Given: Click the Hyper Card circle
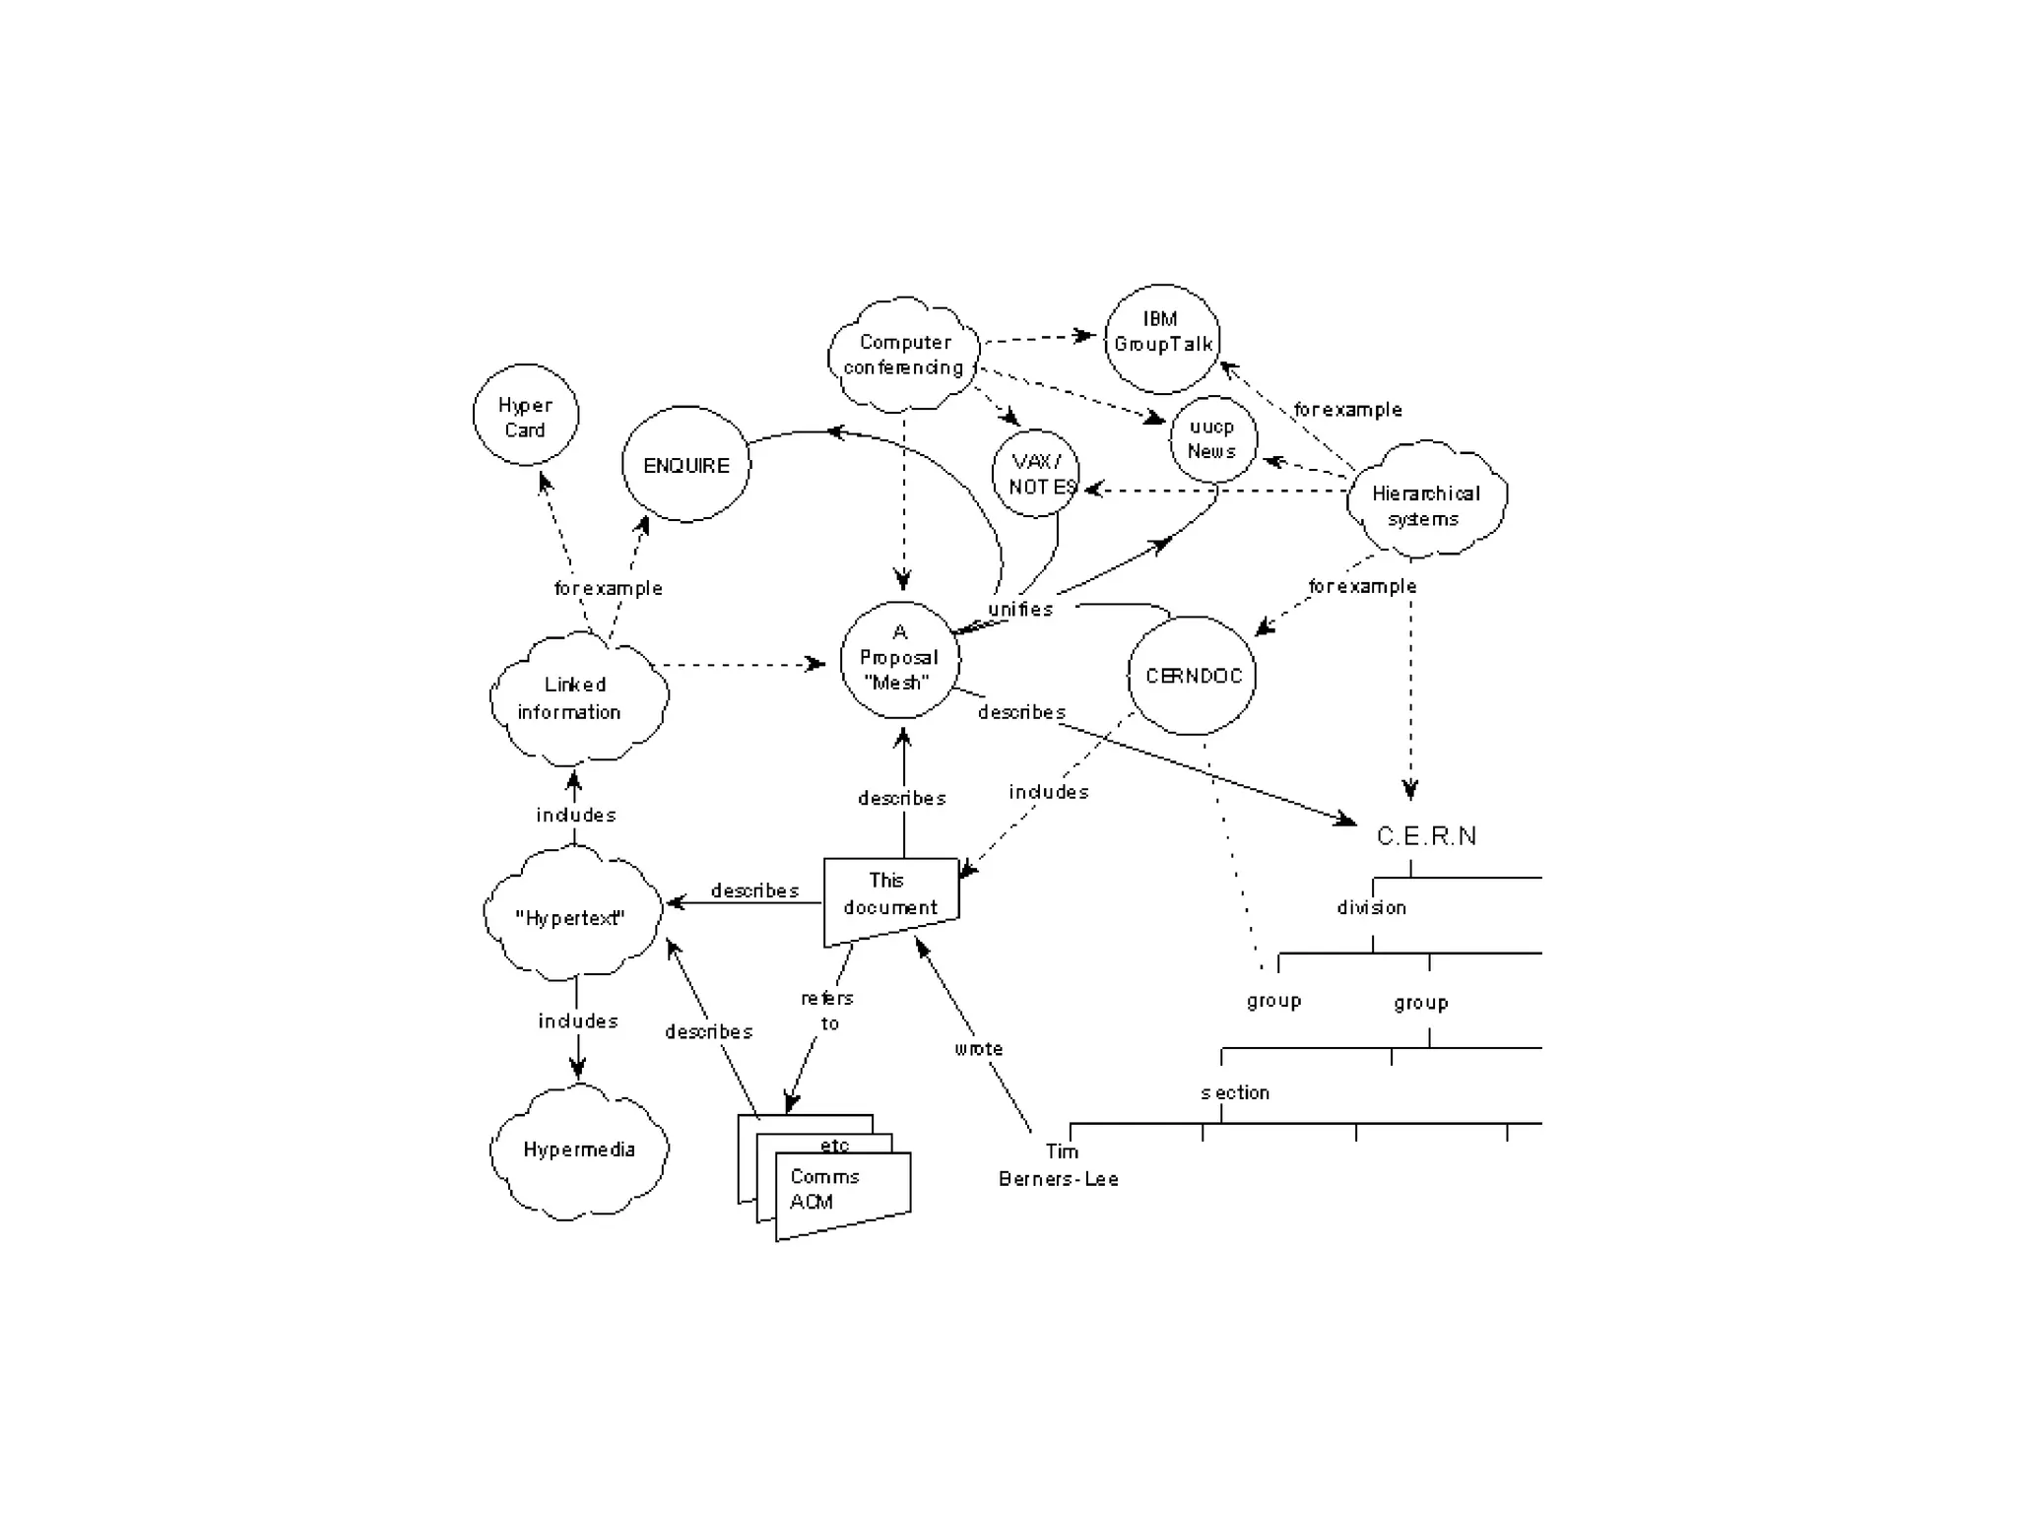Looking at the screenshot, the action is [x=525, y=416].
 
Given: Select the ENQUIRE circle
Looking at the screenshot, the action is [x=685, y=465].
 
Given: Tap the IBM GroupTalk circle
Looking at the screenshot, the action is [x=1162, y=338].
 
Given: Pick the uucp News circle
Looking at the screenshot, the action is [x=1212, y=439].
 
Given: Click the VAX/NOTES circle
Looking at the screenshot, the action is [x=1036, y=474].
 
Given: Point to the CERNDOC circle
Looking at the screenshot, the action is [x=1192, y=676].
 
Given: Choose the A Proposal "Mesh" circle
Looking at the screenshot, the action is [x=899, y=659].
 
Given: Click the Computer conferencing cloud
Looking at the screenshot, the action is [x=904, y=355].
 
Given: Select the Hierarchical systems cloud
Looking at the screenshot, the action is [x=1425, y=499].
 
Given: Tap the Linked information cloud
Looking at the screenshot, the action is [x=575, y=698].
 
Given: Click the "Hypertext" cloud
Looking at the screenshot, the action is [x=571, y=917].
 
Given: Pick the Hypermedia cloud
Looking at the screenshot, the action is [x=579, y=1150].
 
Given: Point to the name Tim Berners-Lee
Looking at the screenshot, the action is [x=1059, y=1165].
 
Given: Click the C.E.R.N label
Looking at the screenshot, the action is [x=1426, y=836].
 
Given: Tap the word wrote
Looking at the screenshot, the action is [x=978, y=1049].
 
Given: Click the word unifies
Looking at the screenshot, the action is [x=1020, y=609].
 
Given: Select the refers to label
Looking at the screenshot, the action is [x=827, y=1011].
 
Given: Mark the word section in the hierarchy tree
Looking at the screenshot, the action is [x=1235, y=1092].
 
